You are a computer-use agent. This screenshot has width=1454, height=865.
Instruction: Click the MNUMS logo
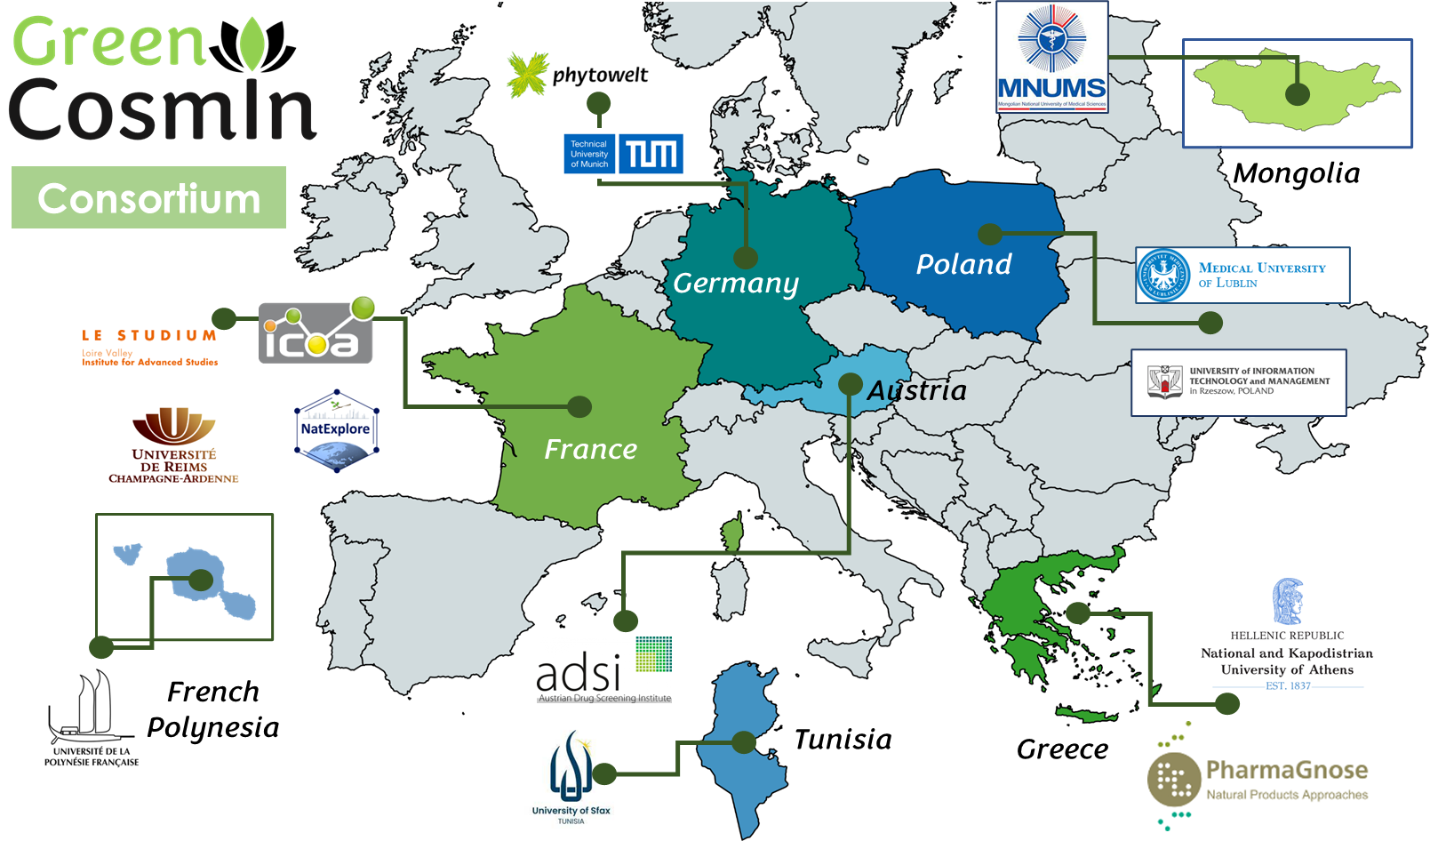click(x=1051, y=57)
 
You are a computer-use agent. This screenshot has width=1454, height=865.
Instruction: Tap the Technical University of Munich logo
click(x=623, y=154)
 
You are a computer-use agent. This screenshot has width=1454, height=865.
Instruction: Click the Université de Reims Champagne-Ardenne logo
click(x=174, y=446)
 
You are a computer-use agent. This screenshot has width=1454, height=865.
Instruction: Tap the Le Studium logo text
click(x=149, y=346)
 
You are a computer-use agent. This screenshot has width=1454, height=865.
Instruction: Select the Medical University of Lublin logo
click(x=1242, y=276)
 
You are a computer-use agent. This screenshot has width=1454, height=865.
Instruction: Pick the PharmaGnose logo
click(x=1258, y=779)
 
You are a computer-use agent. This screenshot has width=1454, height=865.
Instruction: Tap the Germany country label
click(x=736, y=284)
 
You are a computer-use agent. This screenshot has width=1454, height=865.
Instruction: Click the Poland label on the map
click(x=963, y=264)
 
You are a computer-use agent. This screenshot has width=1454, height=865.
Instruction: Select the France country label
click(x=590, y=450)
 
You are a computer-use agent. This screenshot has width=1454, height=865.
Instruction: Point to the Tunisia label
click(x=843, y=740)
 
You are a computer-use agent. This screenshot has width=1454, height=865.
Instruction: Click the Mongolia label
click(x=1296, y=173)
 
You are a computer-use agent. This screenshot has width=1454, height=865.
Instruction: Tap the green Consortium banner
click(x=148, y=197)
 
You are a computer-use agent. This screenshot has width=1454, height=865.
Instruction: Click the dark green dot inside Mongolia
click(x=1298, y=94)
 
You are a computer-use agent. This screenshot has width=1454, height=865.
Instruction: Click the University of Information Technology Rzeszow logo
click(x=1238, y=382)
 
